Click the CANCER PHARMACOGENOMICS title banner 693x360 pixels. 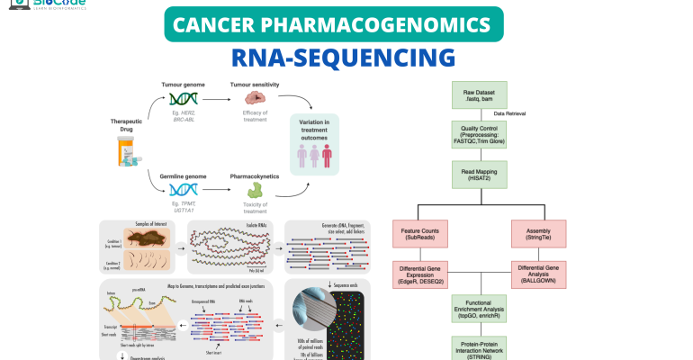(x=346, y=23)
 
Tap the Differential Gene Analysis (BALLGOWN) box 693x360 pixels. (x=543, y=274)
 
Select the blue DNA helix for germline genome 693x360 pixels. (x=184, y=189)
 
